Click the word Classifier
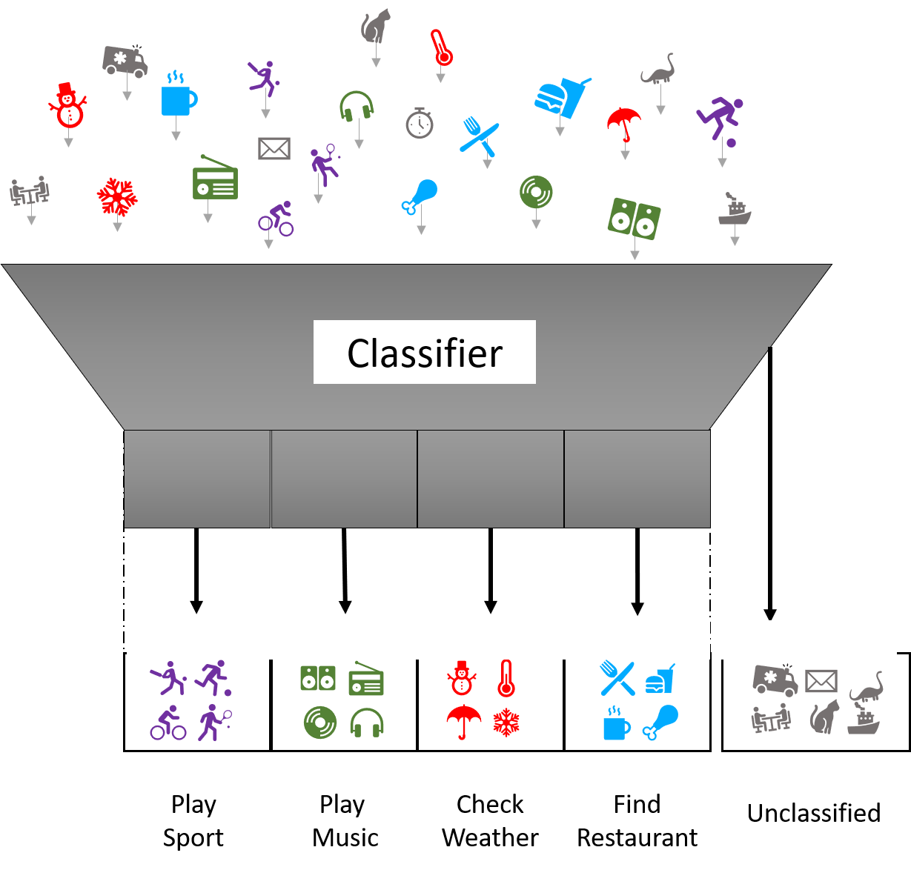click(x=425, y=353)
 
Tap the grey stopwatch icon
click(x=419, y=123)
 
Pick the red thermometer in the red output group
click(x=506, y=678)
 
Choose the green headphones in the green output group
click(x=366, y=723)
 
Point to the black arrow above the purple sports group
click(x=196, y=571)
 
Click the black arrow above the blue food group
click(x=637, y=571)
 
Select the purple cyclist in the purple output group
click(x=168, y=723)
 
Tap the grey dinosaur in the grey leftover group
click(x=866, y=688)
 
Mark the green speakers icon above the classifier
click(x=635, y=218)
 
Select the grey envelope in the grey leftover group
click(x=821, y=680)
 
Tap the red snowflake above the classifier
click(x=117, y=196)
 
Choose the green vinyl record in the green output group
click(x=320, y=723)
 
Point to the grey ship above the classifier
click(x=734, y=210)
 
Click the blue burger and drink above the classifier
click(x=562, y=97)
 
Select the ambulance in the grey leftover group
click(x=775, y=679)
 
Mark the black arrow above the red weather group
click(x=490, y=571)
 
